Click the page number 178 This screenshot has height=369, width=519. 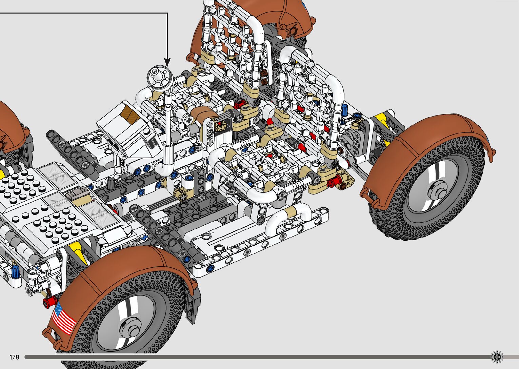click(x=14, y=357)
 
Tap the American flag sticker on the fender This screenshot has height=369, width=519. click(x=63, y=319)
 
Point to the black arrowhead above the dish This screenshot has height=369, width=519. click(x=167, y=63)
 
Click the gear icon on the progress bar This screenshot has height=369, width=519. click(x=497, y=357)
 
